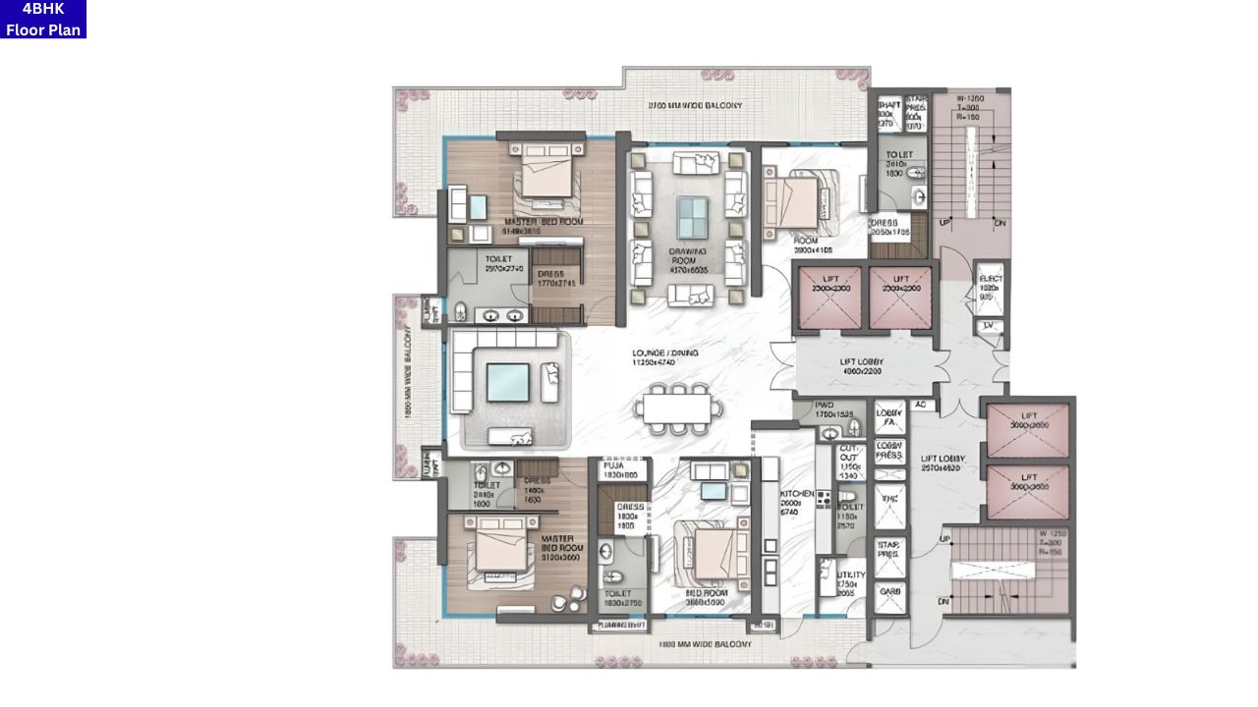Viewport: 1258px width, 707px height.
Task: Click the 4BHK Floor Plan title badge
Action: coord(43,20)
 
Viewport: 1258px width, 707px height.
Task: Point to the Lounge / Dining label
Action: coord(666,357)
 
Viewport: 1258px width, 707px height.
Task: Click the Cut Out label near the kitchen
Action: coord(848,462)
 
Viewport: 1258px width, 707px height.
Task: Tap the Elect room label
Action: coord(991,286)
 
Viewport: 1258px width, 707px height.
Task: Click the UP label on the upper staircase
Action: coord(944,223)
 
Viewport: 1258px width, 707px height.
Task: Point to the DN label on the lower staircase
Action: coord(943,601)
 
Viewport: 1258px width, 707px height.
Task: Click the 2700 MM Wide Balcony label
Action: coord(695,105)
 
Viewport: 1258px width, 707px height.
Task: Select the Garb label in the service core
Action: coord(890,592)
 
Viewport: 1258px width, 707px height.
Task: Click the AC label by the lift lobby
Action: coord(921,405)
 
